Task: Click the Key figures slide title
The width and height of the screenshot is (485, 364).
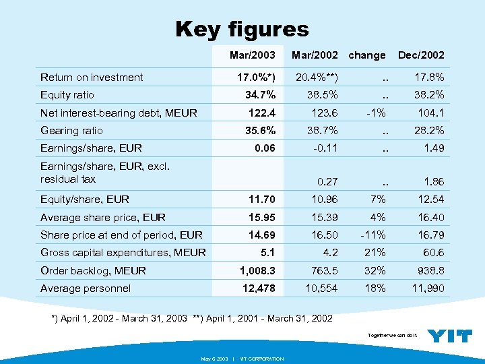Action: click(242, 29)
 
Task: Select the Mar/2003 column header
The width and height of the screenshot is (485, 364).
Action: click(252, 55)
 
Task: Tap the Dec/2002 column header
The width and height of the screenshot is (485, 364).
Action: click(421, 55)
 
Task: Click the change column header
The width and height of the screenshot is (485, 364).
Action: click(367, 55)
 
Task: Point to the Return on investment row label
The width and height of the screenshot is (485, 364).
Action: click(92, 78)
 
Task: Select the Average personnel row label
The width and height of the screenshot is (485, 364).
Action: click(86, 289)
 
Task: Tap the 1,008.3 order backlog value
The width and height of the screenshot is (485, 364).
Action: click(256, 270)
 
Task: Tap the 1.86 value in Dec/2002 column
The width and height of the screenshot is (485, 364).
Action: click(433, 181)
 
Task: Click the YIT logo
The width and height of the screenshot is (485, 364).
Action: click(450, 335)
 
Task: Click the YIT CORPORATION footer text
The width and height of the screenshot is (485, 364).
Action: click(261, 359)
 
